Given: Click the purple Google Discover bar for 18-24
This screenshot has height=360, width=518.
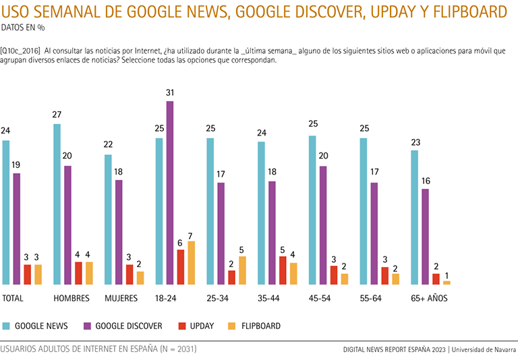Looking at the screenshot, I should (170, 193).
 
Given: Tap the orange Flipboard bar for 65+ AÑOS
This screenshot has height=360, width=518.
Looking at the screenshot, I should (447, 282).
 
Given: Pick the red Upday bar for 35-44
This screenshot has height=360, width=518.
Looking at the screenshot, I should (283, 270).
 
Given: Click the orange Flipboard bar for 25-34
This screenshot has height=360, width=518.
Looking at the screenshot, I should (242, 270).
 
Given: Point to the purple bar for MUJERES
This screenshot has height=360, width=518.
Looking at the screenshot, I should (119, 232).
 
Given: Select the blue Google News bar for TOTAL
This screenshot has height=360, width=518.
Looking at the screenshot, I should (6, 212).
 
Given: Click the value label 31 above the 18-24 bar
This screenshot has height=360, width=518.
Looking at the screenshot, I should (170, 92).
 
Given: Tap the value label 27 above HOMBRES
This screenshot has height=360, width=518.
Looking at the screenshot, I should (57, 115).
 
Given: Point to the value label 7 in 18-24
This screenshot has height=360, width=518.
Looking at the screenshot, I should (191, 233).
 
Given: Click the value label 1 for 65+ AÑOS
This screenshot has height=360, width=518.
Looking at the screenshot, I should (447, 272).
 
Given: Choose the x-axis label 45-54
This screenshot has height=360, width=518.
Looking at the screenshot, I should (320, 297).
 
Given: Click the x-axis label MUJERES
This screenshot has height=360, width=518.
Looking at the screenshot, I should (121, 297).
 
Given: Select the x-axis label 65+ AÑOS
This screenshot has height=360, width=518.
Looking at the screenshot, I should (429, 297).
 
